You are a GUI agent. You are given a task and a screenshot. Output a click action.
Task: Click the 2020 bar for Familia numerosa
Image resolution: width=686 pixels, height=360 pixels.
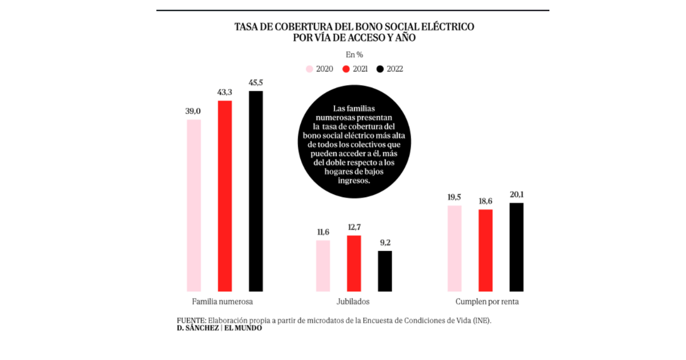coord(194,206)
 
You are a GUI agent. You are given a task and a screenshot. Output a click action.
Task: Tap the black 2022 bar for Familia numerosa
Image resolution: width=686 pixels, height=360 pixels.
coord(256,191)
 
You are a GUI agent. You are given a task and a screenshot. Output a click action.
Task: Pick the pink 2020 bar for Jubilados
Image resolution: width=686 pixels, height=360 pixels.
coord(323,266)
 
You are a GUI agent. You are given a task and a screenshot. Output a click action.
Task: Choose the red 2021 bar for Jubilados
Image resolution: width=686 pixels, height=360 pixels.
coord(354,263)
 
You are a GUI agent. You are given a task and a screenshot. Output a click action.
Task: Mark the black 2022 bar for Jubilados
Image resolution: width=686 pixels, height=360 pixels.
coord(385,271)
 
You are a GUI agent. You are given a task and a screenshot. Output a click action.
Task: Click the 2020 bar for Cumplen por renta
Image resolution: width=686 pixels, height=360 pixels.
coord(454,248)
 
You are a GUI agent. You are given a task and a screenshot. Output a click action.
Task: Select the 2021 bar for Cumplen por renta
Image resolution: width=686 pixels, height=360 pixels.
coord(485,250)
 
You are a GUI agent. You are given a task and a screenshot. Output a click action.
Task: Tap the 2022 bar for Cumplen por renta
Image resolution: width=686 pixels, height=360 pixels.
coord(516,247)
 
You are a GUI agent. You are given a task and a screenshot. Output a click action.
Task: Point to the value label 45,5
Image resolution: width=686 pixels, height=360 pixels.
coord(256,83)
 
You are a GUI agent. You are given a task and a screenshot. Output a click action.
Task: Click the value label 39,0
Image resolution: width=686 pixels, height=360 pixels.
coord(194,111)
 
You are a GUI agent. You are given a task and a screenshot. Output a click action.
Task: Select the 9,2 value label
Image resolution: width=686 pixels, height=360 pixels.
coord(385,242)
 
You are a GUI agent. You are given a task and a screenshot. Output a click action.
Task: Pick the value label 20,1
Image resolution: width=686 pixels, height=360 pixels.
coord(516,195)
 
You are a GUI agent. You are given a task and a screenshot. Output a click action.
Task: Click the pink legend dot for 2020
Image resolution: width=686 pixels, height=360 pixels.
coord(309,69)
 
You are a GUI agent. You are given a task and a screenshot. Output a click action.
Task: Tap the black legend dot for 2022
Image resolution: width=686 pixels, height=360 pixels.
coord(380,69)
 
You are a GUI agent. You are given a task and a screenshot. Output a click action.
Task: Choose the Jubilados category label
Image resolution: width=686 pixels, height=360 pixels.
coord(354,301)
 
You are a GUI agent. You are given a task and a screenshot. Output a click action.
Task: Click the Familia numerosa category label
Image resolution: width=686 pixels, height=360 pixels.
coord(220,301)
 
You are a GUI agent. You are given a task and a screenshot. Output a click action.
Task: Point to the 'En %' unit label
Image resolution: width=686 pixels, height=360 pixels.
coord(354,55)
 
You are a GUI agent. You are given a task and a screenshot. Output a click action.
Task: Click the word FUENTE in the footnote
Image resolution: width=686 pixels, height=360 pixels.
coord(191,321)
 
